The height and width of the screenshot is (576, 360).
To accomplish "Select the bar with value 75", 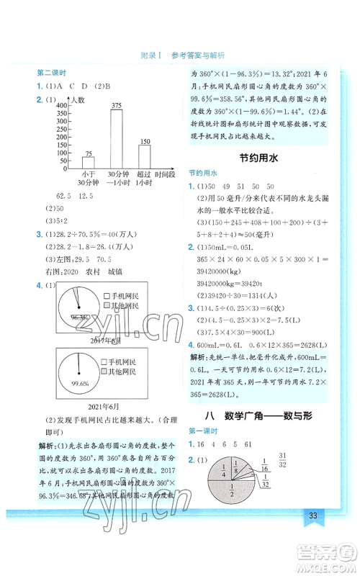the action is tap(89, 163).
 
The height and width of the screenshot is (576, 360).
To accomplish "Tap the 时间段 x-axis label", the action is tap(167, 174).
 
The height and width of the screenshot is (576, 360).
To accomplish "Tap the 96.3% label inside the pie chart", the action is tap(70, 315).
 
